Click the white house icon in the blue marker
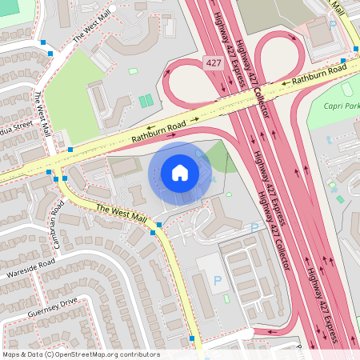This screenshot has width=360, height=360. click(180, 172)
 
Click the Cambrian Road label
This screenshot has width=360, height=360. click(58, 216)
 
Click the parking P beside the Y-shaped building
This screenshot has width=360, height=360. click(254, 228)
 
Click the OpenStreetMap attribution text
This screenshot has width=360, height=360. click(80, 354)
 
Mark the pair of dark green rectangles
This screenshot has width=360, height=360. click(145, 101)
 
